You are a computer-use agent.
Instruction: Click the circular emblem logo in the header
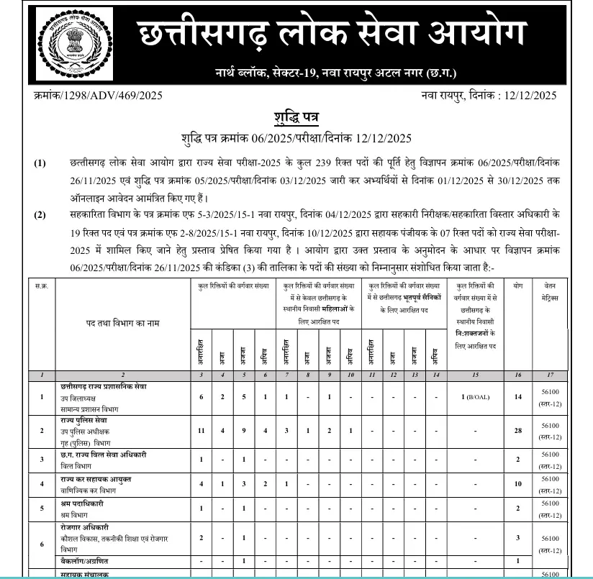(71, 43)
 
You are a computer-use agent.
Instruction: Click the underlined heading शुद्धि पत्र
(296, 118)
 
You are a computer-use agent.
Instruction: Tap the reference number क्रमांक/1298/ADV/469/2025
(99, 96)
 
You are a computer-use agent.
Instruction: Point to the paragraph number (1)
(40, 163)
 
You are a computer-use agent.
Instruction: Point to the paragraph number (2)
(40, 215)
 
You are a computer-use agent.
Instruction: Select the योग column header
(517, 286)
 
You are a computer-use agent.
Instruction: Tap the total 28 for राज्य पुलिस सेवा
(517, 431)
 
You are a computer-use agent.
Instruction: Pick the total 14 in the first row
(517, 397)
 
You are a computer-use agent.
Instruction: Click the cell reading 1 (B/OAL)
(474, 397)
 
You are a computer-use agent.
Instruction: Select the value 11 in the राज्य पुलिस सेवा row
(202, 431)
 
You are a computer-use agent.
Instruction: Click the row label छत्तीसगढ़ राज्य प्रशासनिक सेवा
(114, 387)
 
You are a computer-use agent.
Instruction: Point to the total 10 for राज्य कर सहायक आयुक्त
(517, 484)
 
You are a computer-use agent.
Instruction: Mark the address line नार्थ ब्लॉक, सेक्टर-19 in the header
(335, 73)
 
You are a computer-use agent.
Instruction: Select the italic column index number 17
(551, 375)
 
